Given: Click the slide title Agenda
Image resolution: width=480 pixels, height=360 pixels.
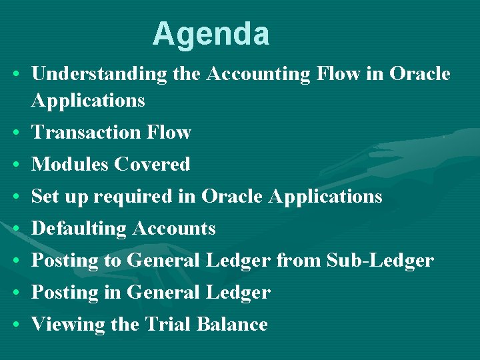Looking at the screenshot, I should click(x=211, y=34).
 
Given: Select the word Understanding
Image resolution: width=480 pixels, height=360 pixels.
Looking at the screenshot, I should click(x=99, y=74).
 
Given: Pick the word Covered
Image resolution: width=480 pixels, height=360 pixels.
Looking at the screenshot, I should click(x=151, y=164).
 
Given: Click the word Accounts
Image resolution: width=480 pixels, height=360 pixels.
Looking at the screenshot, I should click(x=173, y=229).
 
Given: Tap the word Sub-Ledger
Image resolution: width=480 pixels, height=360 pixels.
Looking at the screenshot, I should click(x=380, y=261).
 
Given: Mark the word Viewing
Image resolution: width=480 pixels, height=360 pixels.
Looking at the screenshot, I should click(x=61, y=325).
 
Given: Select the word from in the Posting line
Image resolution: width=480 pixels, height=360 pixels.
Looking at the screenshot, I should click(x=298, y=261).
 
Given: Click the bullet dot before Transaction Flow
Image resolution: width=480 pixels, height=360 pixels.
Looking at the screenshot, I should click(x=15, y=133).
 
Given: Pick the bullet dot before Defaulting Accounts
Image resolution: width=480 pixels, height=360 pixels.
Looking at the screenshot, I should click(x=15, y=229).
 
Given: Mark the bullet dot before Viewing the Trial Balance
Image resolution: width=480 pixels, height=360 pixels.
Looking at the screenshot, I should click(x=15, y=325).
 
